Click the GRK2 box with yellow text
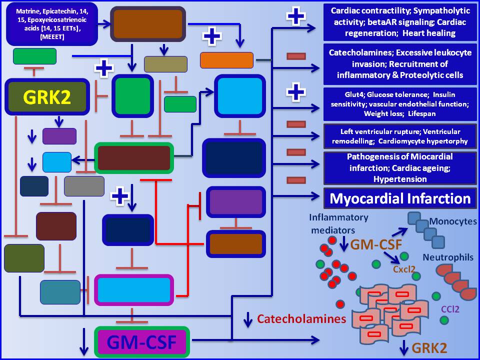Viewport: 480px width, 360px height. tap(47, 96)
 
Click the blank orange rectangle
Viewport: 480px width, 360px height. tap(226, 60)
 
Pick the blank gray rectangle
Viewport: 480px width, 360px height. tap(84, 186)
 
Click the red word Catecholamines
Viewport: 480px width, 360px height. tap(301, 318)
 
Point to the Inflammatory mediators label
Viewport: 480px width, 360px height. tap(338, 223)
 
